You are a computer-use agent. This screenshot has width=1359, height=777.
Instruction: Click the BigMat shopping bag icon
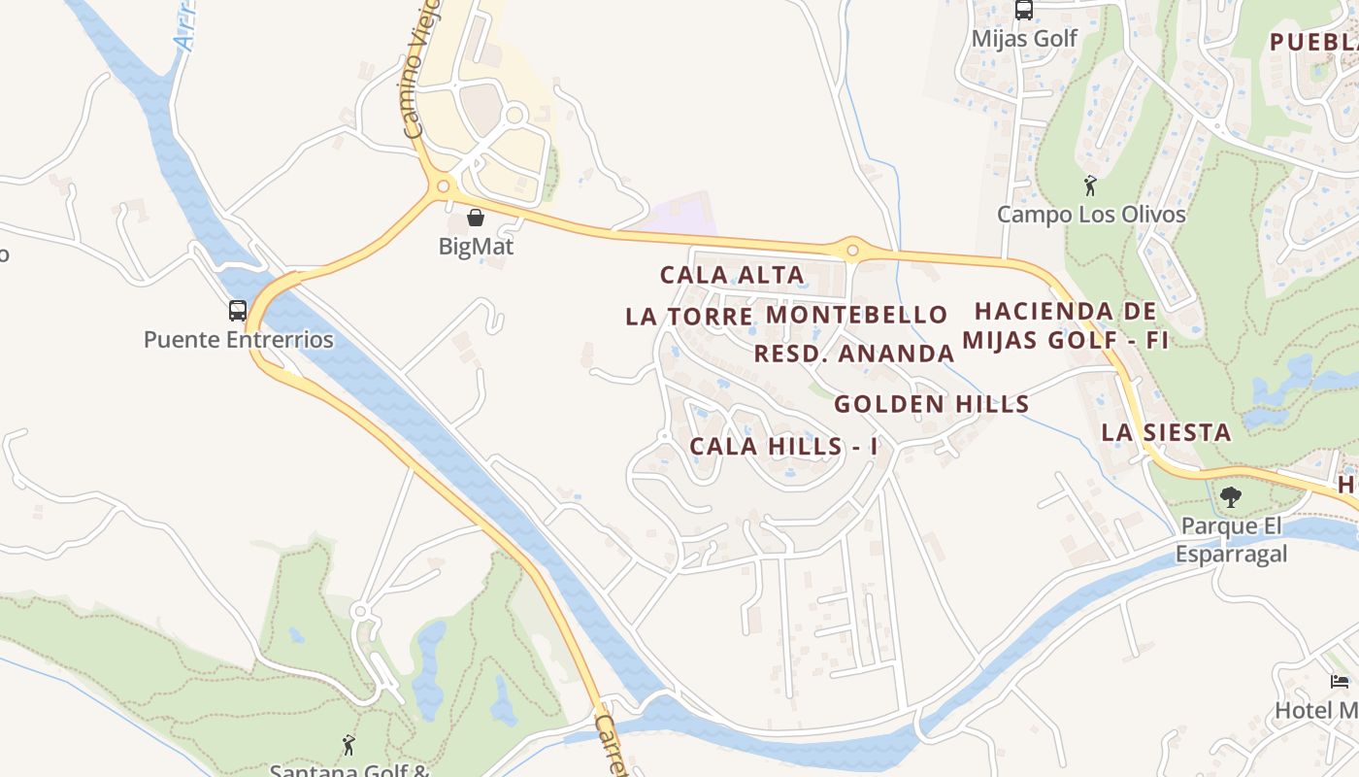pos(476,218)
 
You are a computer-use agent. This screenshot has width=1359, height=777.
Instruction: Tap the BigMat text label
pos(476,247)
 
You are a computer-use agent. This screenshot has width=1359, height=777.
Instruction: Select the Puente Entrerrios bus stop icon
pos(238,311)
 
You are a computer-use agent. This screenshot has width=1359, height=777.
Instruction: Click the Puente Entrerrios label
pos(238,340)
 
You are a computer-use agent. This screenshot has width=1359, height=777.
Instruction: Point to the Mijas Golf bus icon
pos(1024,10)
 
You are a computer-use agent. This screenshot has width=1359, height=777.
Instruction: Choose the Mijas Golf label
pos(1024,39)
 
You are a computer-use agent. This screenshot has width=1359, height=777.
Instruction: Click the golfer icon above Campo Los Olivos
pos(1090,186)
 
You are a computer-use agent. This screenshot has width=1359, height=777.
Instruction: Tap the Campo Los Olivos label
pos(1091,215)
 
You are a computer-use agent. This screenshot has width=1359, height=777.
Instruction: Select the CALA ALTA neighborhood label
pos(732,275)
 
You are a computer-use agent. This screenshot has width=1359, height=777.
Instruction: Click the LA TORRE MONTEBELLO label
pos(786,316)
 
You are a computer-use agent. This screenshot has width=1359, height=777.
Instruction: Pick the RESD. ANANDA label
pos(854,354)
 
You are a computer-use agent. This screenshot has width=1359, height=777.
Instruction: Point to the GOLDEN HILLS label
pos(931,404)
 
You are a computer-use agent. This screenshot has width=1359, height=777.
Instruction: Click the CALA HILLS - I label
pos(783,447)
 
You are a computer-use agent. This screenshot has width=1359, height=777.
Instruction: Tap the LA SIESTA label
pos(1166,432)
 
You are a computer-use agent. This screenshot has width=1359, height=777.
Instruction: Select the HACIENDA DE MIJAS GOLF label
pos(1065,325)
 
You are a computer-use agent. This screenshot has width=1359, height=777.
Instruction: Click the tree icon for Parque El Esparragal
pos(1230,497)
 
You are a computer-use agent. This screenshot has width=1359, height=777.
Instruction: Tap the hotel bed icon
pos(1340,682)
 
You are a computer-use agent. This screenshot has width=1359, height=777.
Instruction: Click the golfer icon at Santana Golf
pos(348,745)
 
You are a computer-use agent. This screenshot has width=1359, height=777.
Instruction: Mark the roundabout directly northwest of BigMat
pos(444,186)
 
